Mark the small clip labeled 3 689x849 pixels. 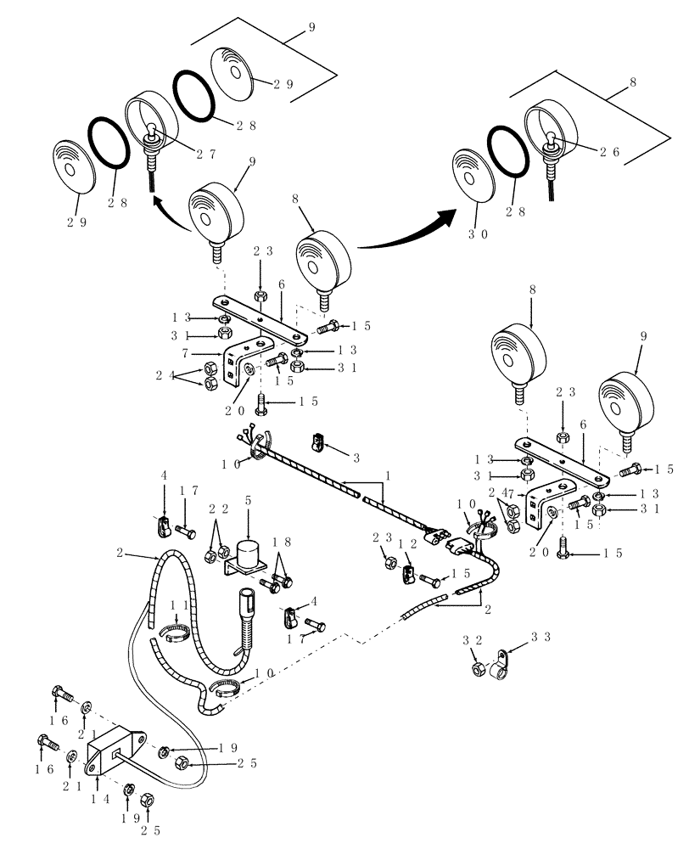tap(318, 441)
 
